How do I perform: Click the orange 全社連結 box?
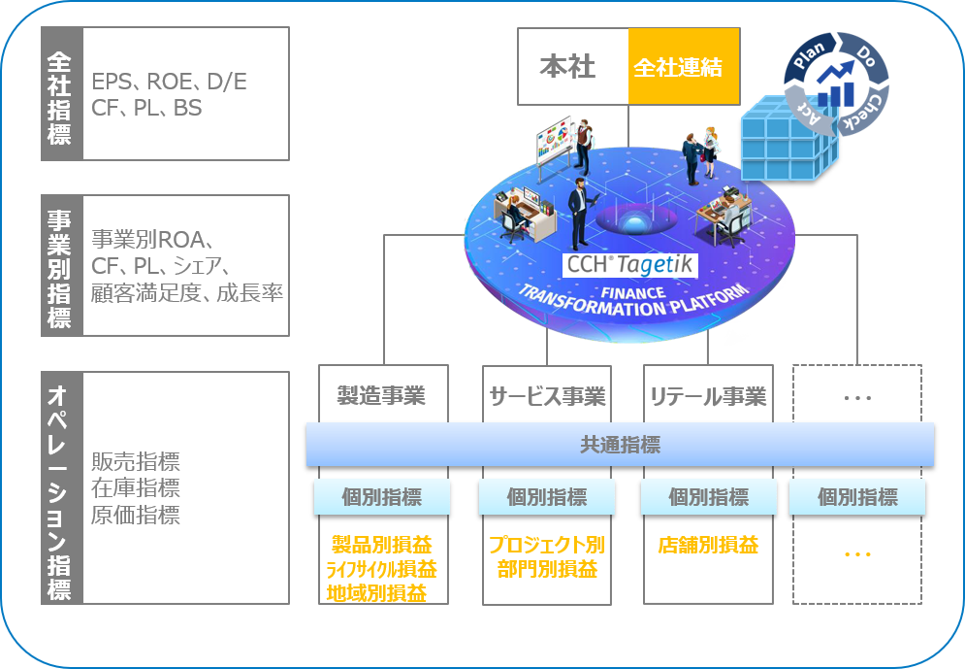684,67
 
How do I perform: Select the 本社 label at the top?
567,67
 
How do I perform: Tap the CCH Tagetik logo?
630,265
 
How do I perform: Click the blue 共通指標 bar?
621,444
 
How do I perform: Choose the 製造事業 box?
383,394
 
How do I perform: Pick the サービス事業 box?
547,394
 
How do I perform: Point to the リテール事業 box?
708,394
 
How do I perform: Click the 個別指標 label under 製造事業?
382,497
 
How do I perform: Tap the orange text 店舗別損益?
708,545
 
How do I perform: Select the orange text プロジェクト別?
547,545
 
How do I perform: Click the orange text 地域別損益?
376,593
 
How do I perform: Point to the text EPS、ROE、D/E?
170,82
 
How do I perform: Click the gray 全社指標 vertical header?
61,93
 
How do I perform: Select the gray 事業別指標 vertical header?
61,265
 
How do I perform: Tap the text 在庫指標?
136,487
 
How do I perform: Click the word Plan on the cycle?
809,54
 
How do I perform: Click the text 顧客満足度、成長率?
187,292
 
